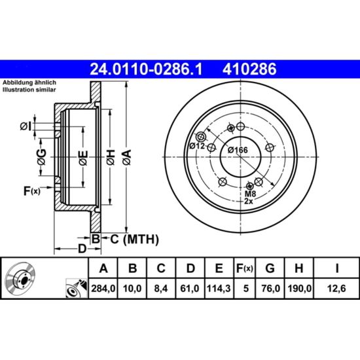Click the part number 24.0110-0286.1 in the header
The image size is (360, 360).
tap(146, 69)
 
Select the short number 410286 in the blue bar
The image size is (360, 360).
tap(249, 69)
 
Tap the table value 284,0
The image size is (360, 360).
tap(103, 289)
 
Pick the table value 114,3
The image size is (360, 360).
tap(219, 289)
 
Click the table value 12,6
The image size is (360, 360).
tap(336, 289)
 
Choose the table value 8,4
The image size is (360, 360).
tap(161, 289)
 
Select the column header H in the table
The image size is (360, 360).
tap(298, 268)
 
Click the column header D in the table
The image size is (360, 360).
tap(190, 268)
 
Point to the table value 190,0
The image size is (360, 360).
tap(299, 289)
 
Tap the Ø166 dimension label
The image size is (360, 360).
tap(238, 150)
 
